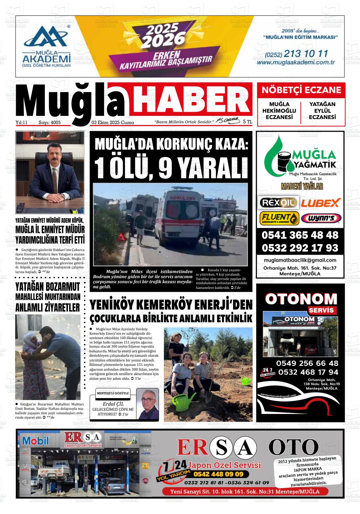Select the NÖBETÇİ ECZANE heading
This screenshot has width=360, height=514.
tap(301, 90)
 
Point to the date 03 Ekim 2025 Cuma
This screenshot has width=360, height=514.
tap(113, 123)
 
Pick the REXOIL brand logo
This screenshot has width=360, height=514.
tap(278, 202)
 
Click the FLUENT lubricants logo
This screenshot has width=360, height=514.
tap(279, 218)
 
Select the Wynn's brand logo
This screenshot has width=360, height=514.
tap(321, 218)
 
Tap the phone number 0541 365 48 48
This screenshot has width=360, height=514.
tap(300, 235)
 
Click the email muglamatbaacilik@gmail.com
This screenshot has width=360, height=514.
tap(300, 260)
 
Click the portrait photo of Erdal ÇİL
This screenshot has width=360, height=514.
tap(147, 404)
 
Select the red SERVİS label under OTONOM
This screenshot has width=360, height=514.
tap(321, 310)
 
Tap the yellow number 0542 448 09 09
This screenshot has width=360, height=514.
tap(218, 474)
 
